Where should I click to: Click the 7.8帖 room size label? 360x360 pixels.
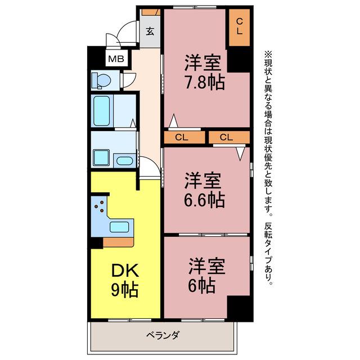point(205,82)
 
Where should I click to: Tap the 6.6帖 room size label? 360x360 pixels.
point(204,200)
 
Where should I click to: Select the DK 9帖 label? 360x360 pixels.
point(125,280)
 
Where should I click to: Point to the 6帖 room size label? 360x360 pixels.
point(201,286)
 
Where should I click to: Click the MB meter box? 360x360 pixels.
point(116,58)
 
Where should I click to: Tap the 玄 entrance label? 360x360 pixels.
point(150,31)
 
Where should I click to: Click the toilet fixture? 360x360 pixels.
point(101,80)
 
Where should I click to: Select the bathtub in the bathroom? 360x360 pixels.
point(101,111)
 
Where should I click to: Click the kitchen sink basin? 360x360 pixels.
point(119,227)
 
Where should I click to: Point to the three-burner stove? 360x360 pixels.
point(100,206)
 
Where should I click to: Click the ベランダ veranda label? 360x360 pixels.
point(163,335)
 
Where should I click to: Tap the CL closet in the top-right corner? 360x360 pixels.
point(239,28)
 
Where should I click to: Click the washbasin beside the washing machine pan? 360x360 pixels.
point(125,160)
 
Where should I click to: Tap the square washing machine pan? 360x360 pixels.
point(101,157)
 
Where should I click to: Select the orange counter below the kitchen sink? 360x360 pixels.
point(118,242)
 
